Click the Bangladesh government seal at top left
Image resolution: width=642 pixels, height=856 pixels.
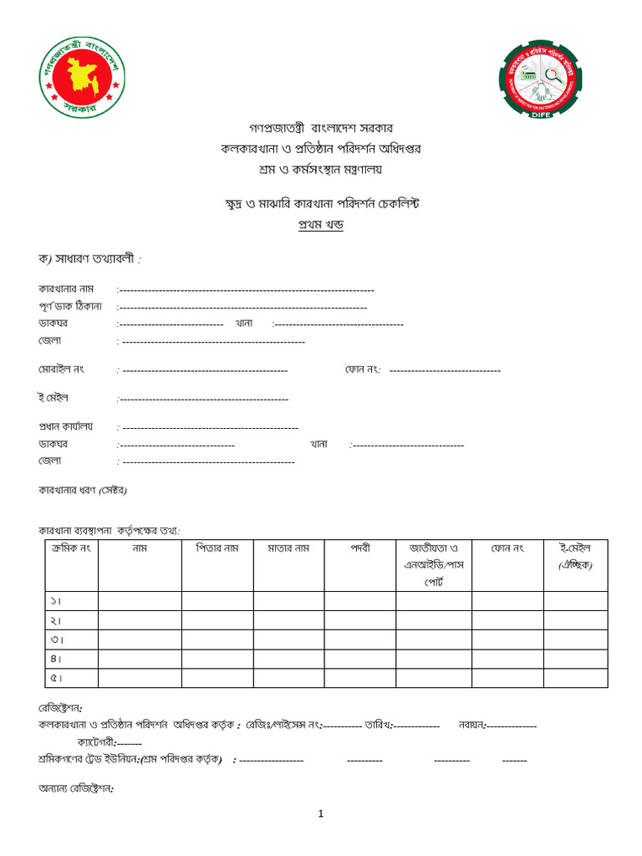83,75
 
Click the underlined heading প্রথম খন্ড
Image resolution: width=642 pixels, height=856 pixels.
321,225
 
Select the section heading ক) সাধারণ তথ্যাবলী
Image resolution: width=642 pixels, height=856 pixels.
89,259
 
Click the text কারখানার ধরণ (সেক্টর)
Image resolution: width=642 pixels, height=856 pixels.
83,490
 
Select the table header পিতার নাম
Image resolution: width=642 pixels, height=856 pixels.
217,548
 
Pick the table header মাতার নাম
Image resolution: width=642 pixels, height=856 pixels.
288,548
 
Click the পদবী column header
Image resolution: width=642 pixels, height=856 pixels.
359,548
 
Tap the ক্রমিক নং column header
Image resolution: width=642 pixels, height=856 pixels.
71,548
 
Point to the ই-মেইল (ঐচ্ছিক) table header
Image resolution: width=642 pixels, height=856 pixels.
575,557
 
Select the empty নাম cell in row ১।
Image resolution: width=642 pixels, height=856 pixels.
140,600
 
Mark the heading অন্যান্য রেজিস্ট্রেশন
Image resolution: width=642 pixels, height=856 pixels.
75,787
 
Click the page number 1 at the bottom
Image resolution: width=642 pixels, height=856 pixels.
320,814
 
